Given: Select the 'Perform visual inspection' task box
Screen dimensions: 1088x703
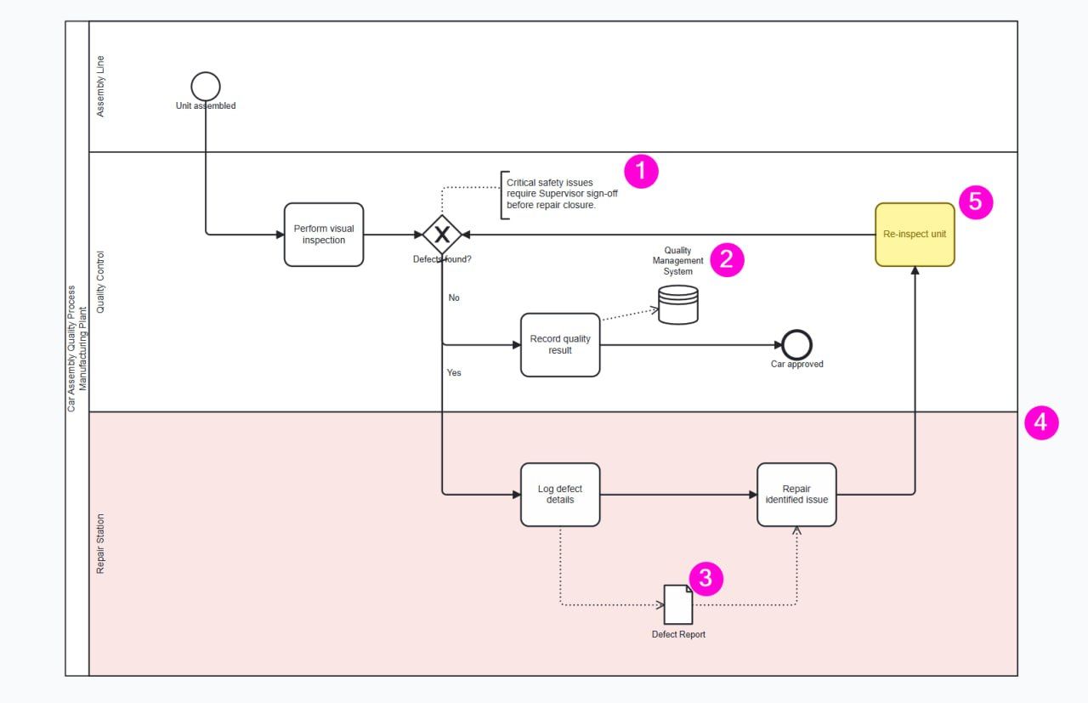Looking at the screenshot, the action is pos(324,235).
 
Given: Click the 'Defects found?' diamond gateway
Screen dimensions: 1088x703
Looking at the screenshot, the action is pos(442,235).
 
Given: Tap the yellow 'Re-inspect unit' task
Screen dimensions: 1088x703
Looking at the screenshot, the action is pos(915,235).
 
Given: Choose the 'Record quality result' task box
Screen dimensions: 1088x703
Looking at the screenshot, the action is pos(560,345).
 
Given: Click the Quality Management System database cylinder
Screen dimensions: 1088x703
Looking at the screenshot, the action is pos(678,304).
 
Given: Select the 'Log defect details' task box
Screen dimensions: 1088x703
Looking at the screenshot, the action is pos(560,495).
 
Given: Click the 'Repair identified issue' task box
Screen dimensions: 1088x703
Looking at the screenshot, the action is pos(796,495).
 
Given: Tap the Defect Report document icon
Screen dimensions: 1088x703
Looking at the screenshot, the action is pos(678,604).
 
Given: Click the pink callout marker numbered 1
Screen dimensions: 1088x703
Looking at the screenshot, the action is pos(641,172).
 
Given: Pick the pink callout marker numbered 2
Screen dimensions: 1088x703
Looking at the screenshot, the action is pos(727,260).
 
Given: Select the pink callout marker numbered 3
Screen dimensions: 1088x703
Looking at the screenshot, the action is pos(705,579).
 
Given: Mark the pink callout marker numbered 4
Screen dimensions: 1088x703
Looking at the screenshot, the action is pos(1041,422).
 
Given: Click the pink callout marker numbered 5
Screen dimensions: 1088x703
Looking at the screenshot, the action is pos(976,202).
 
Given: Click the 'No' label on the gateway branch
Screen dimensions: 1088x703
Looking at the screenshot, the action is pos(454,298).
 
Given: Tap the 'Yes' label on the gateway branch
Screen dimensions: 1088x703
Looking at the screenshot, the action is pos(454,372).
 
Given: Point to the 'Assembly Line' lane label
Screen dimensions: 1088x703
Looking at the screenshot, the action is pos(100,87).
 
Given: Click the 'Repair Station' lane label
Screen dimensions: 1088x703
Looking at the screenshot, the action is pos(100,544).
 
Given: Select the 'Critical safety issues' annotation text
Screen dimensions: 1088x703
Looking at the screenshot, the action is pos(562,194).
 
